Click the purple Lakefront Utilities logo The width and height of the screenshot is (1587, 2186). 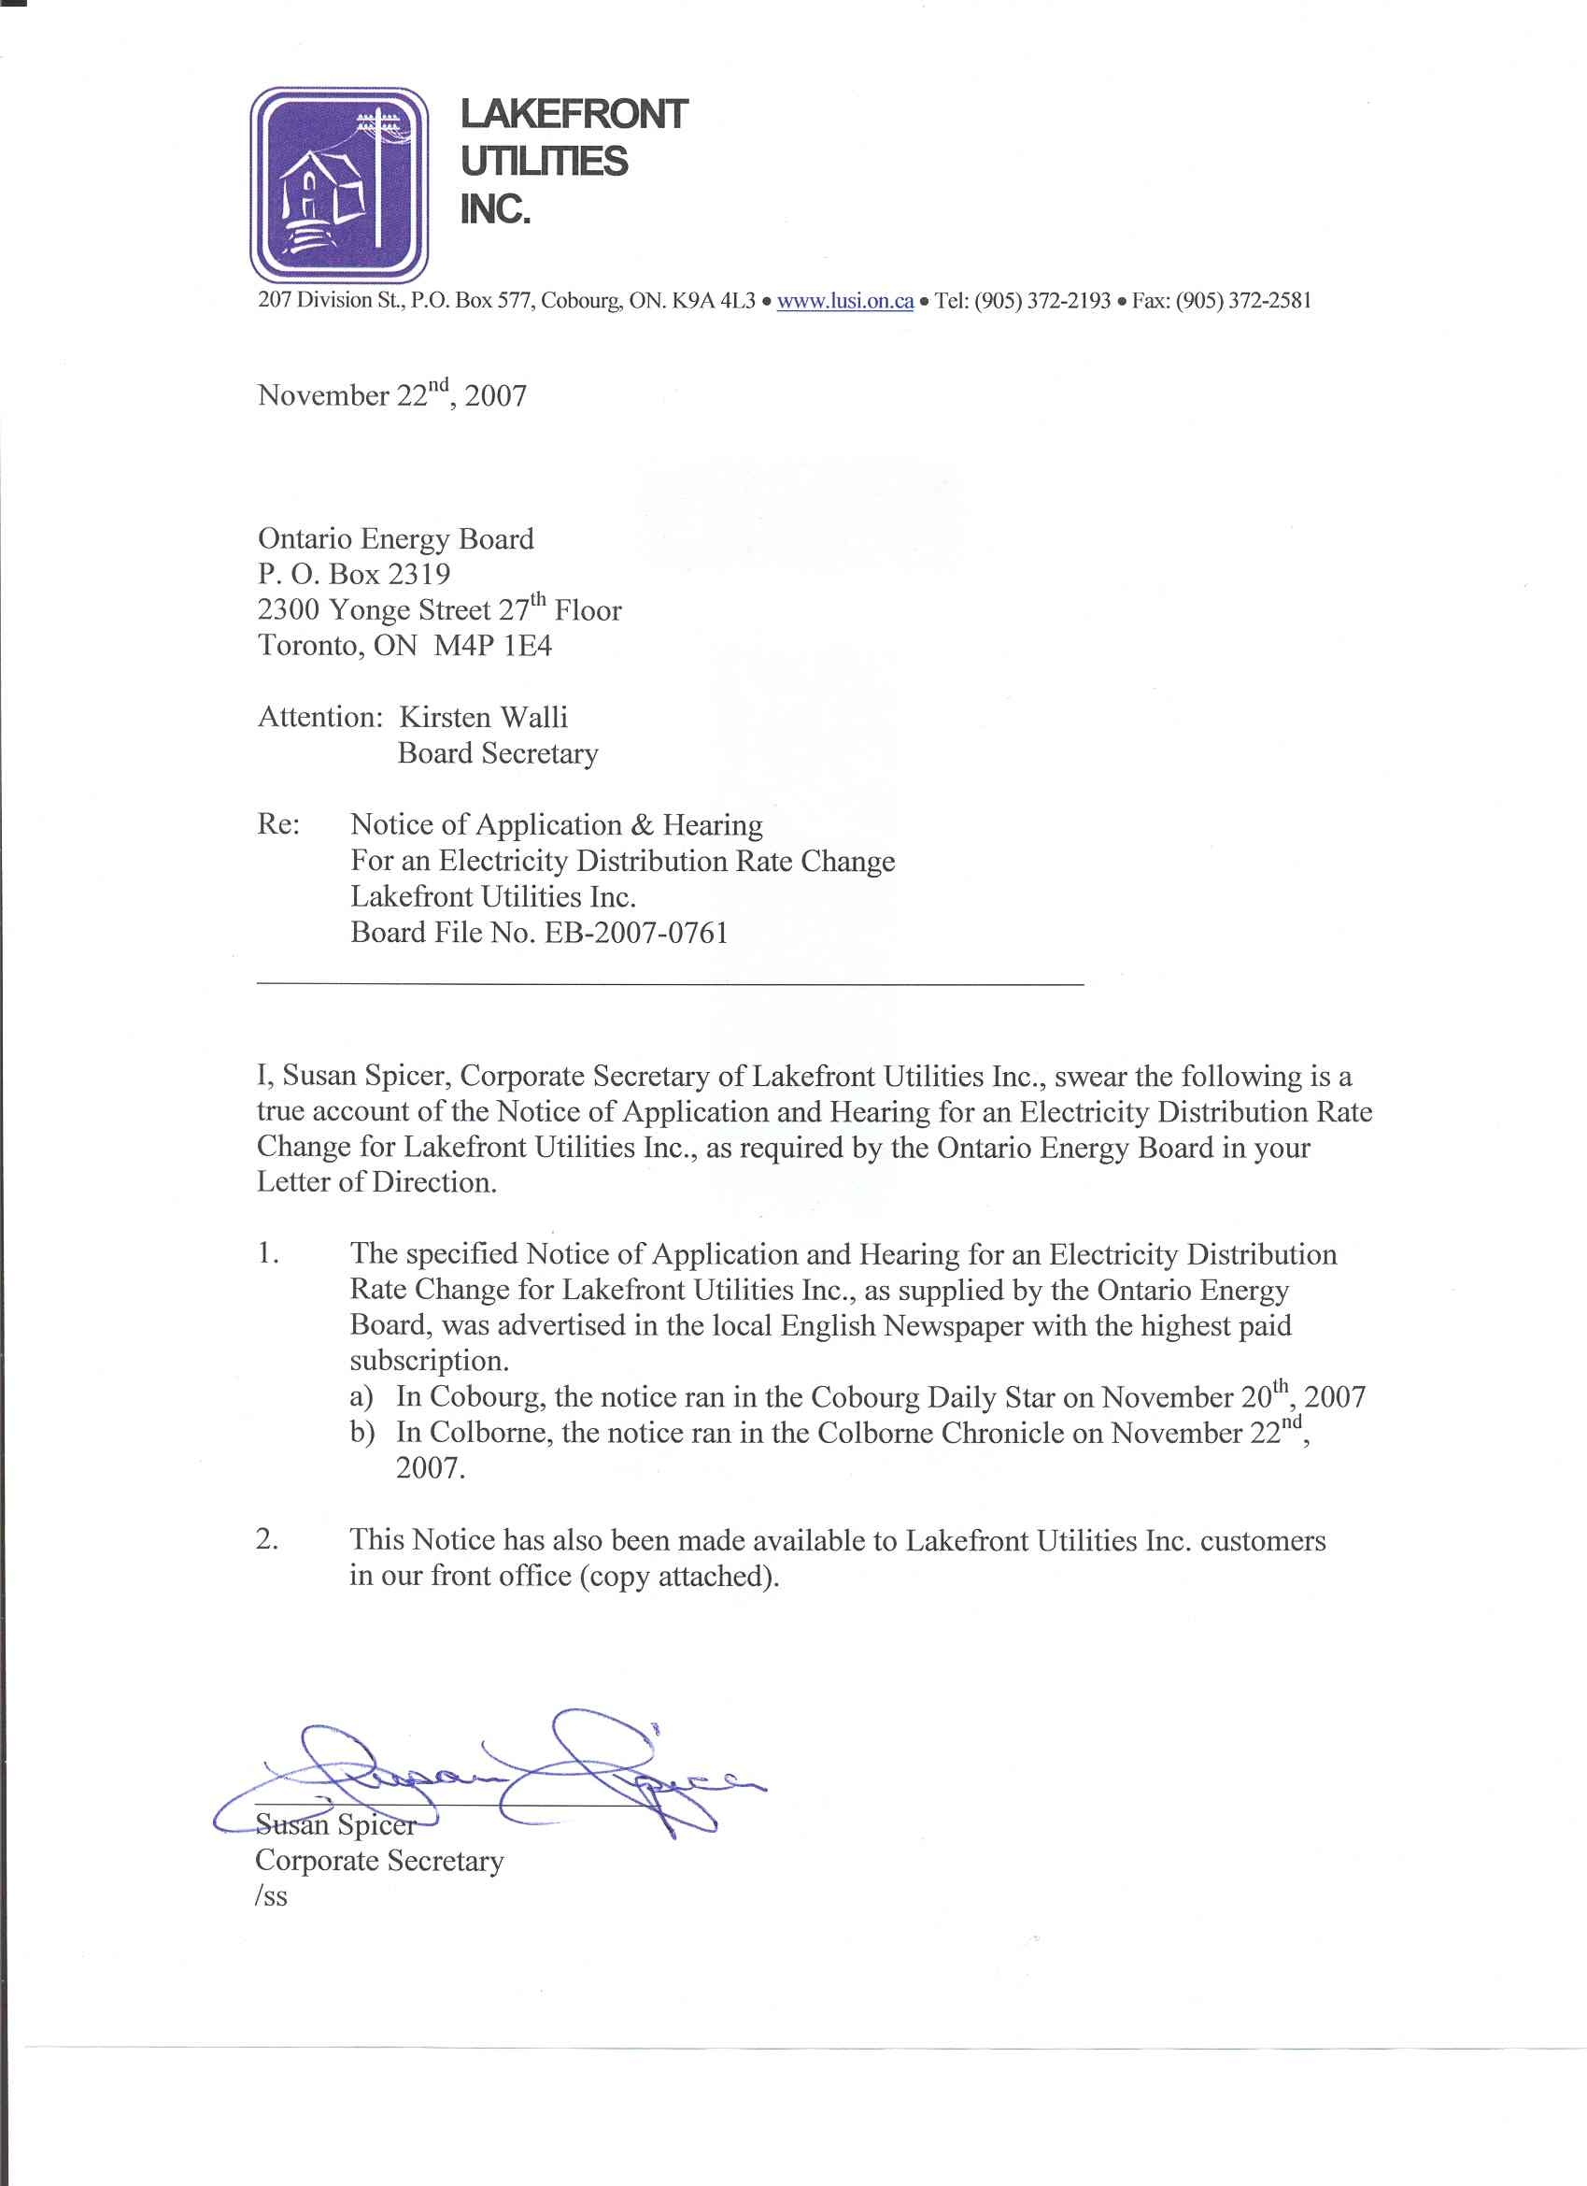pyautogui.click(x=339, y=184)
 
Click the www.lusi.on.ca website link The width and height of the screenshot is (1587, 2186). pyautogui.click(x=845, y=301)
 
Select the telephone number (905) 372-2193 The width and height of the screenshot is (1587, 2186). pyautogui.click(x=1042, y=301)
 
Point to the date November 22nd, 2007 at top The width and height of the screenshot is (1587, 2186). pyautogui.click(x=392, y=394)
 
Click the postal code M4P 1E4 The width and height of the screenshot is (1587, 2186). pyautogui.click(x=492, y=646)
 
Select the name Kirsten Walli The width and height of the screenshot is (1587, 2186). pyautogui.click(x=484, y=717)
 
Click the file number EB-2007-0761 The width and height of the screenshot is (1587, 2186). pyautogui.click(x=637, y=933)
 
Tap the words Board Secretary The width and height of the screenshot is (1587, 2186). pyautogui.click(x=498, y=753)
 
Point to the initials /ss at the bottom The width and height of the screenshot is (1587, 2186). pyautogui.click(x=272, y=1897)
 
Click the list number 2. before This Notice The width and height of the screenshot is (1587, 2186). pyautogui.click(x=268, y=1540)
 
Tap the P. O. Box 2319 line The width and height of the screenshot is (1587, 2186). pyautogui.click(x=354, y=575)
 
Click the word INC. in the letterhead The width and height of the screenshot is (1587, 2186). pyautogui.click(x=495, y=209)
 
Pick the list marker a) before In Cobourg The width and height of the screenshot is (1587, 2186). pyautogui.click(x=361, y=1397)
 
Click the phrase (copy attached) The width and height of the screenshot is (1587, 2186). pyautogui.click(x=679, y=1577)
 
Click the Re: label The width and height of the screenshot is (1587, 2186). pyautogui.click(x=278, y=825)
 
